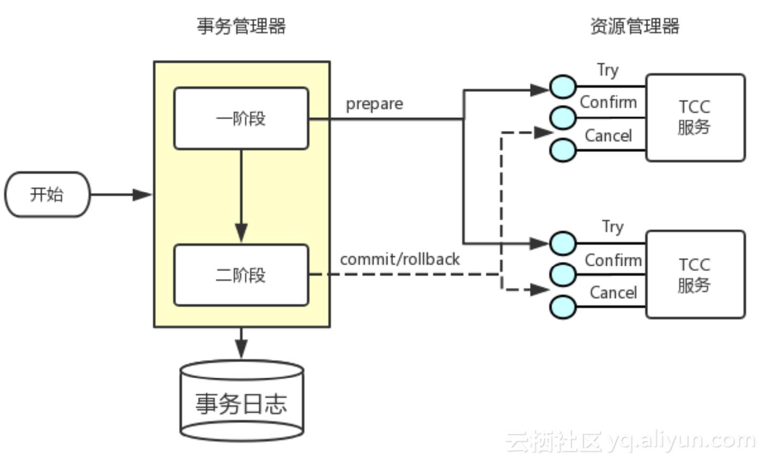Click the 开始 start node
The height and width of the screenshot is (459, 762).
[47, 194]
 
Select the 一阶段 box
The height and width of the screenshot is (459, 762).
[241, 118]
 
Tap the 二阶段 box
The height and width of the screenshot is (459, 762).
[241, 275]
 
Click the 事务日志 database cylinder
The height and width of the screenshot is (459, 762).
[242, 402]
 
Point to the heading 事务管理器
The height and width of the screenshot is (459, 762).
[241, 26]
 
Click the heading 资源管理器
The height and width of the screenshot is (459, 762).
[634, 26]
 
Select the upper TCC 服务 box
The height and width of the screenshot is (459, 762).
[695, 117]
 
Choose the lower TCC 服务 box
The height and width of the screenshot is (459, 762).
[695, 274]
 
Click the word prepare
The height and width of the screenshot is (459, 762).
[374, 104]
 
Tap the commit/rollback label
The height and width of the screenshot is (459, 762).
[399, 259]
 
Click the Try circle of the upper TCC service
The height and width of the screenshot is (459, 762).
[563, 87]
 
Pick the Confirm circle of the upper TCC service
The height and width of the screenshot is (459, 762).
[563, 118]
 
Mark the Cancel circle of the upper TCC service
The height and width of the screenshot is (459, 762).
[563, 150]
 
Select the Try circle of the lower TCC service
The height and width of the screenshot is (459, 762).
[563, 243]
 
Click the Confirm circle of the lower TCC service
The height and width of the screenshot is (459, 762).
[563, 274]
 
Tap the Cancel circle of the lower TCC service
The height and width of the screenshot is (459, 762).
[563, 306]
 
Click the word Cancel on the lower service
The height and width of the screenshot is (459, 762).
[613, 293]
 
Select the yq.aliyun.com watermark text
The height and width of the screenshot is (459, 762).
[681, 440]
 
